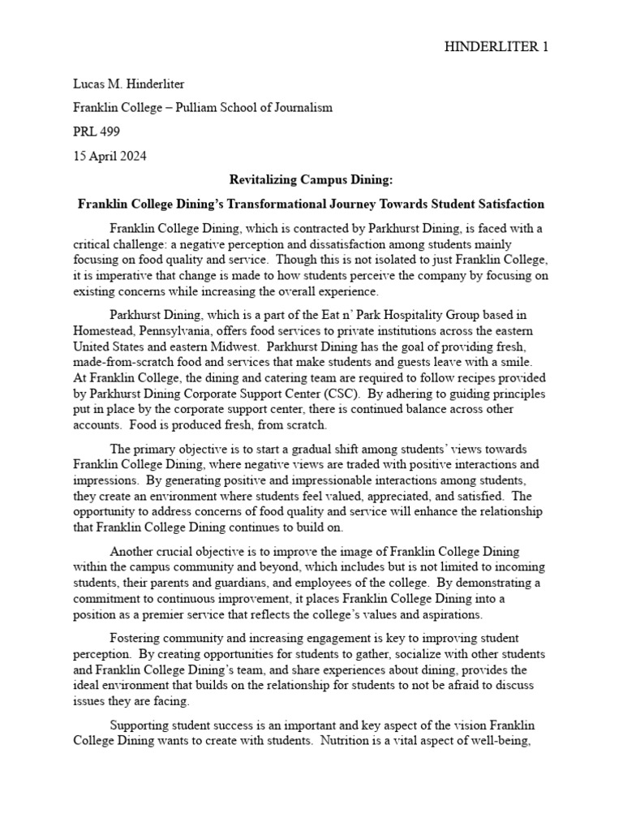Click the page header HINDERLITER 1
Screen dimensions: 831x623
coord(496,47)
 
